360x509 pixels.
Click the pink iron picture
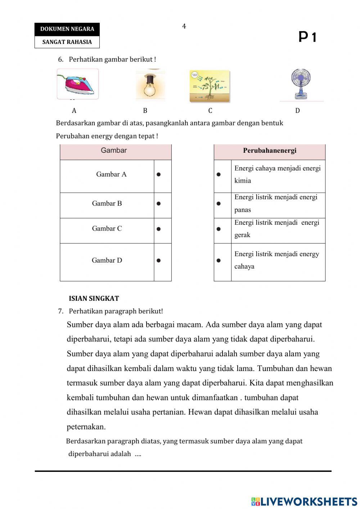(78, 84)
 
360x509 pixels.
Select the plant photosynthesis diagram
(210, 86)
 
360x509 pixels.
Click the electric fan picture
(301, 84)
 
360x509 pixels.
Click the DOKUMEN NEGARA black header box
(67, 29)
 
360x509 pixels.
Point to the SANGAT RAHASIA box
(67, 42)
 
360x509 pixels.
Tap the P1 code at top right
(307, 37)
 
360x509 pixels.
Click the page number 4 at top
(184, 26)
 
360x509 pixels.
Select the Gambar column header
(114, 151)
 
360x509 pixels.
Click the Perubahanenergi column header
(269, 151)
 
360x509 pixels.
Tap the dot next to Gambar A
(159, 174)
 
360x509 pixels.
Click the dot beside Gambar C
(159, 229)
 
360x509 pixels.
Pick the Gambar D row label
(107, 260)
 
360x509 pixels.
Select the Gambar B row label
(107, 204)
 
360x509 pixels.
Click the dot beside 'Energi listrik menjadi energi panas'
(219, 204)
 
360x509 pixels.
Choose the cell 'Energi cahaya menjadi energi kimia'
(277, 174)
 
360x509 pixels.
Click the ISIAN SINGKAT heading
(94, 299)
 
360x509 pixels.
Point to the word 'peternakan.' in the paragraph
(86, 427)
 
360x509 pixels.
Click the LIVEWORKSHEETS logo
(304, 501)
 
